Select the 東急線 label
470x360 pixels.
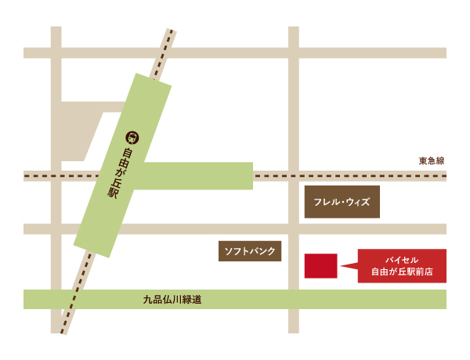[x=431, y=161]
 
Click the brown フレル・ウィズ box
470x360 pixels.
[x=342, y=202]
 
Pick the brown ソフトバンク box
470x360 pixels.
[x=250, y=251]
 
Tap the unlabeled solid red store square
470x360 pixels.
[x=320, y=265]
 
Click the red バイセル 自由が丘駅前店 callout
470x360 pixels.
[x=402, y=265]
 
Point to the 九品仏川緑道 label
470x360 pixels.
[x=172, y=299]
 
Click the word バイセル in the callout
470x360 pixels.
[x=402, y=259]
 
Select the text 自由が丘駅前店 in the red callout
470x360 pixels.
[x=402, y=273]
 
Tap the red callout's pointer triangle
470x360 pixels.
[x=349, y=266]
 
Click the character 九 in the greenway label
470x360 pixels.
[x=147, y=299]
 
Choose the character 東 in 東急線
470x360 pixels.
[x=422, y=161]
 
